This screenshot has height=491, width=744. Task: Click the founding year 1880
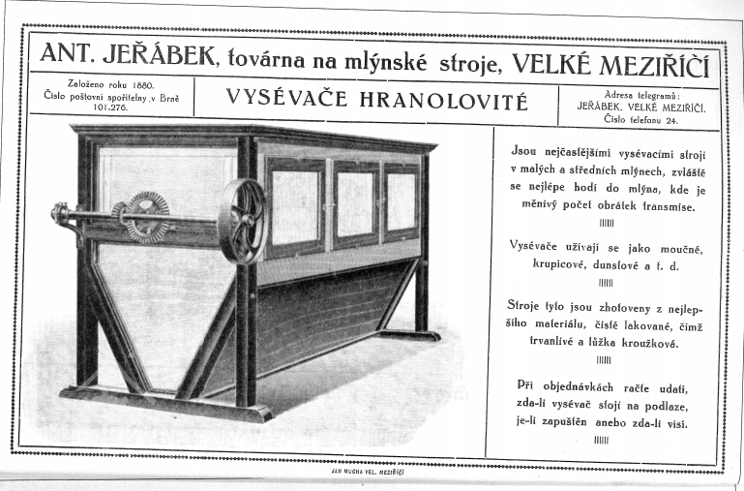point(141,84)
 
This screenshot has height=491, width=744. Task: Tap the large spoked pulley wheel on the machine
point(241,219)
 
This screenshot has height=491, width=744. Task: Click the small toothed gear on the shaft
point(146,215)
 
